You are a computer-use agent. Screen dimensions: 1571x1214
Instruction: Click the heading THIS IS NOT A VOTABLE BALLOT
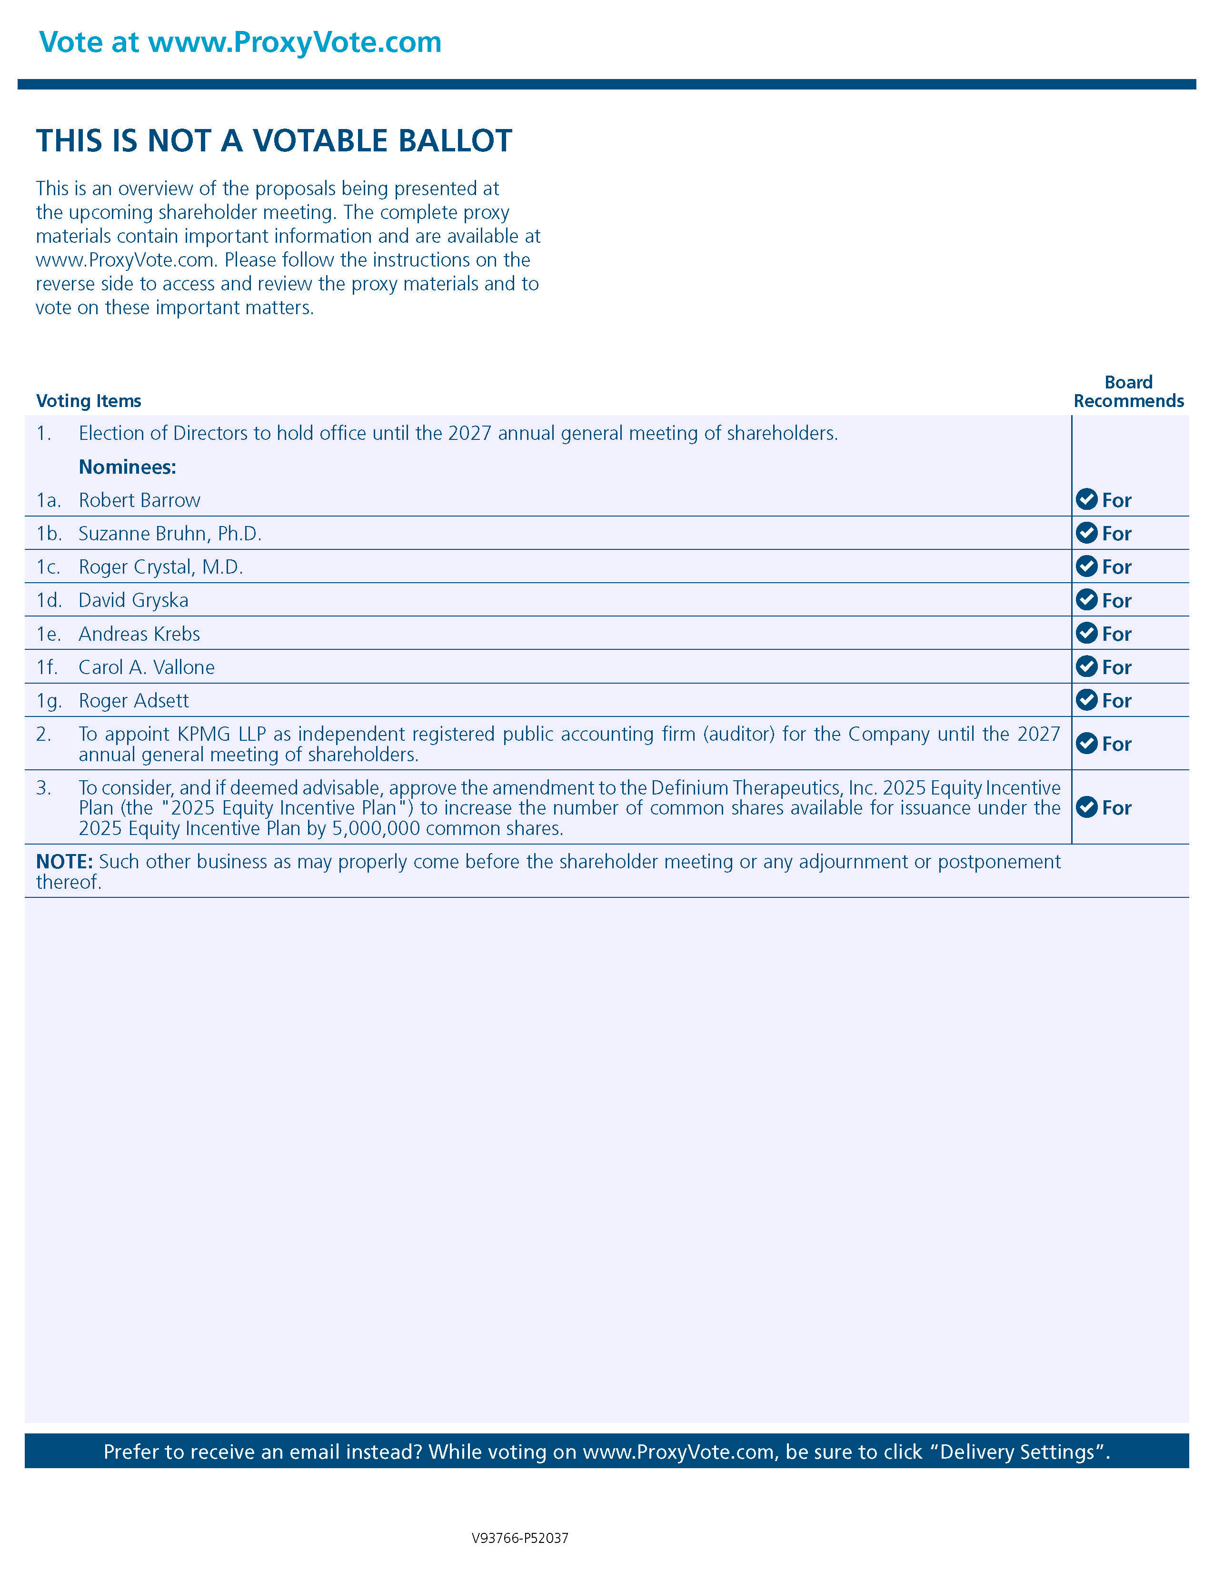(274, 141)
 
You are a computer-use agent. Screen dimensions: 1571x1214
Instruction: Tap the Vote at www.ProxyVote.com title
(240, 42)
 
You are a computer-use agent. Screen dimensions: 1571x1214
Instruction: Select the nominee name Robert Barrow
(139, 501)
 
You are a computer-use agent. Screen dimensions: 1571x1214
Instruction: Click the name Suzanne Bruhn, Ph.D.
(170, 534)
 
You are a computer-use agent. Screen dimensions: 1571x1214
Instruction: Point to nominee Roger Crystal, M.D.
(161, 567)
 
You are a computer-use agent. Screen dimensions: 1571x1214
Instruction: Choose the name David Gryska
(134, 601)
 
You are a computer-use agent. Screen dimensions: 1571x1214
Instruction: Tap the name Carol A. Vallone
(147, 667)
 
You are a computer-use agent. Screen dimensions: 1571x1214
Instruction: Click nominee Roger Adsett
(134, 701)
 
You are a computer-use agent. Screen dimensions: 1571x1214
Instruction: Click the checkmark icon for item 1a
(1086, 499)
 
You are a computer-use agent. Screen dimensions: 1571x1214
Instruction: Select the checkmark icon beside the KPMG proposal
(1086, 743)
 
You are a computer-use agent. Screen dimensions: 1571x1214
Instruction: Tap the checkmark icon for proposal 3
(1086, 807)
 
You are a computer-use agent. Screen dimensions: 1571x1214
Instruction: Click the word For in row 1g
(1116, 701)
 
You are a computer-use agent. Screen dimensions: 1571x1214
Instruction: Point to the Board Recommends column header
(1128, 391)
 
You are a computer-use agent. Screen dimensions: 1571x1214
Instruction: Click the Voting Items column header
(89, 401)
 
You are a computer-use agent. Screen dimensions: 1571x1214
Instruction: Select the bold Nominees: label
(127, 467)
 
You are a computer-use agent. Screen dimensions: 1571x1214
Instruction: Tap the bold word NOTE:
(64, 862)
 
